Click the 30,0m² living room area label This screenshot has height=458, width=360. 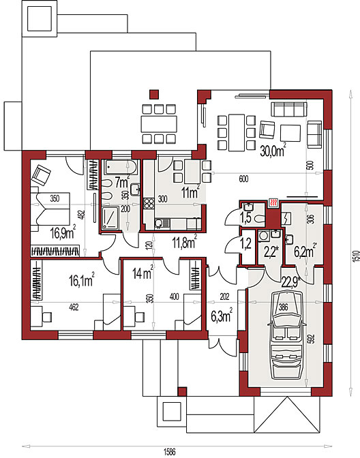(x=273, y=151)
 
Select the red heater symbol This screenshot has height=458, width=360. (x=273, y=202)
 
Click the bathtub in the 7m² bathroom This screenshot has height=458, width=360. (x=120, y=168)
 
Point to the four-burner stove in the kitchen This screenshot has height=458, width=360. (x=149, y=203)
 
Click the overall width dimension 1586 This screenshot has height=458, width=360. (x=170, y=452)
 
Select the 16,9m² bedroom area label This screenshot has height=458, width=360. (x=63, y=232)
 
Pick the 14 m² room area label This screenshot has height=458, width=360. (x=143, y=273)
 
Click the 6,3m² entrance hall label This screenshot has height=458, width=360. (x=222, y=316)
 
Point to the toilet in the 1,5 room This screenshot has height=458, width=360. (x=259, y=219)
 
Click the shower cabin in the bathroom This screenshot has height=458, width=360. (x=110, y=217)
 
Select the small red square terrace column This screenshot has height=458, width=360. (x=154, y=94)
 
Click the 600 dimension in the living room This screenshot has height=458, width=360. (x=243, y=179)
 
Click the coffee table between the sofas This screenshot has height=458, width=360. (x=290, y=133)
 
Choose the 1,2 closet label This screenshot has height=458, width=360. (x=246, y=243)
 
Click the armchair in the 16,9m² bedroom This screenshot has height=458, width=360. (x=41, y=175)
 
